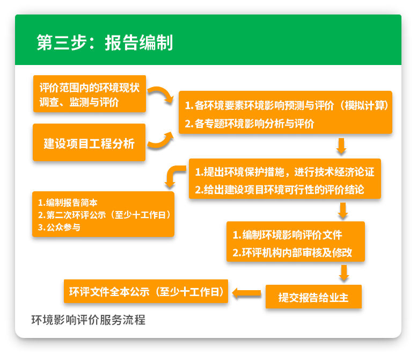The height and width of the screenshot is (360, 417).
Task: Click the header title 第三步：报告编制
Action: pos(105,42)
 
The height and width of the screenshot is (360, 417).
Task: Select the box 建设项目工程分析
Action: pos(89,143)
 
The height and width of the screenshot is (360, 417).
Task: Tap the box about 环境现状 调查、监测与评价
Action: pos(89,95)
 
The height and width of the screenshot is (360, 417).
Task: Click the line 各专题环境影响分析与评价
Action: pos(250,124)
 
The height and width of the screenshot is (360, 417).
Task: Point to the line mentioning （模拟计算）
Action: pos(287,105)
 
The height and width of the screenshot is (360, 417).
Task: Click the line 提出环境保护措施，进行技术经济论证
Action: pos(284,172)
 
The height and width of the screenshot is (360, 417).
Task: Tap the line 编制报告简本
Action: pos(68,203)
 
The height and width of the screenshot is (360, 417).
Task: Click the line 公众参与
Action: pos(60,227)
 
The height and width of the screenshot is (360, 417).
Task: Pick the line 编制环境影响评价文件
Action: pos(287,235)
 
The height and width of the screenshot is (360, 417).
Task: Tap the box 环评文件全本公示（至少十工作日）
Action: pos(146,292)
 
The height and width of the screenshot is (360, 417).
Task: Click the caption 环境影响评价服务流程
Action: pos(88,320)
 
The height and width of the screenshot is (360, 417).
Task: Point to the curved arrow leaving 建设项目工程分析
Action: pos(160,141)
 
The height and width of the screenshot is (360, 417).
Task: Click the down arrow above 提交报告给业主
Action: pos(344,273)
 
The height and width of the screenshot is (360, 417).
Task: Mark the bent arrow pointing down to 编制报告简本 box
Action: pos(173,177)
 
